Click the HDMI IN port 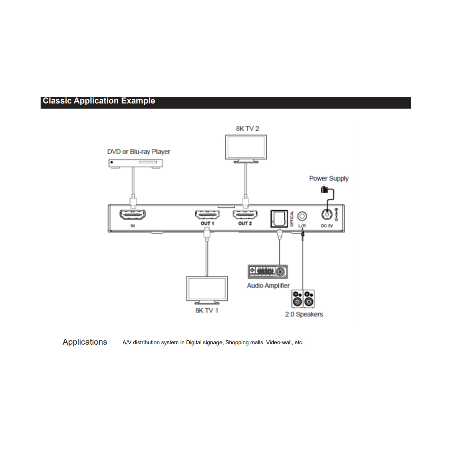[x=132, y=215]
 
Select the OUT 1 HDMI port [x=207, y=215]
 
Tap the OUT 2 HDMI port [x=245, y=215]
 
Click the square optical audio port [x=279, y=219]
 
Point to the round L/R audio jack [x=302, y=216]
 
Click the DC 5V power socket [x=327, y=214]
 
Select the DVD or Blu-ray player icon [x=136, y=163]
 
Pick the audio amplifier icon [x=268, y=272]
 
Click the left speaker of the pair [x=297, y=299]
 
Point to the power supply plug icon [x=325, y=189]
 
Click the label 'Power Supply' [x=329, y=178]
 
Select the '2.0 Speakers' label [x=304, y=314]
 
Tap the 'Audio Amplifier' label [x=268, y=286]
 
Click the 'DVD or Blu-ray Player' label [x=139, y=152]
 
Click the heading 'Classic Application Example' [x=99, y=101]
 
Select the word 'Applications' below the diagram [x=85, y=342]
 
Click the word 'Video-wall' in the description [x=279, y=343]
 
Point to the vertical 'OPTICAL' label [x=292, y=219]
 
